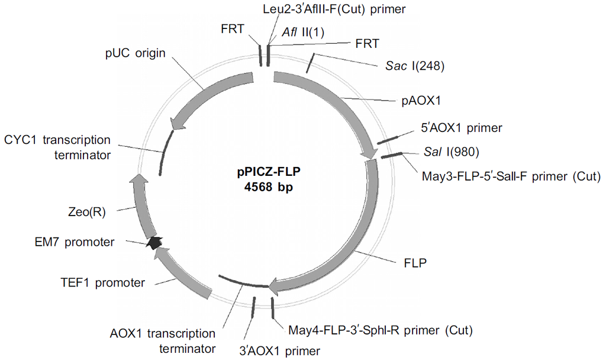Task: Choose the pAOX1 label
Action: tap(421, 101)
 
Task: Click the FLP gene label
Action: tap(415, 261)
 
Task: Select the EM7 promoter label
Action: tap(74, 242)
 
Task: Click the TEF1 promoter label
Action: tap(102, 282)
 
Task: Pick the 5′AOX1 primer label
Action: tap(461, 127)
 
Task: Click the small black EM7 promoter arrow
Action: tap(154, 242)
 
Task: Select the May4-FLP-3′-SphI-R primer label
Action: tap(380, 329)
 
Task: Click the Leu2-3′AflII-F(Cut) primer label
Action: tap(333, 9)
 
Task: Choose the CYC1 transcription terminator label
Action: tap(57, 147)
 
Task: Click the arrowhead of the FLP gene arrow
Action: tap(273, 288)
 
